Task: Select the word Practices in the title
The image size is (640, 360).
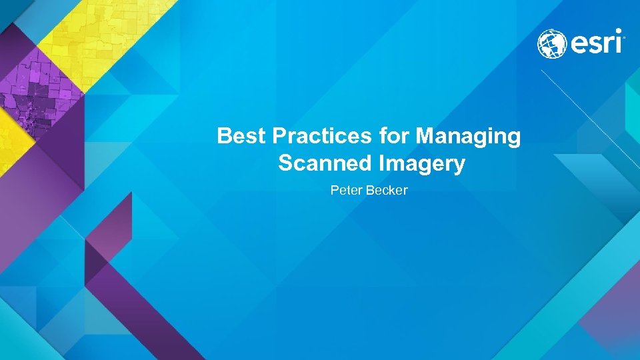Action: (x=321, y=137)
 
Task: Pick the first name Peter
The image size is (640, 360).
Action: (x=346, y=191)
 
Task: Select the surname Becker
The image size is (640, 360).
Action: (x=386, y=191)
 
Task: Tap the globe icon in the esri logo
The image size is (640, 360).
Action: (x=552, y=44)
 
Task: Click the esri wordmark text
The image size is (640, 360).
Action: (x=596, y=44)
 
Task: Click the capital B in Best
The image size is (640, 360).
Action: (x=224, y=137)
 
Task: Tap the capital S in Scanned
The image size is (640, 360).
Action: (x=285, y=163)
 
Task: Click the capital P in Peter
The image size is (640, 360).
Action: (x=334, y=191)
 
